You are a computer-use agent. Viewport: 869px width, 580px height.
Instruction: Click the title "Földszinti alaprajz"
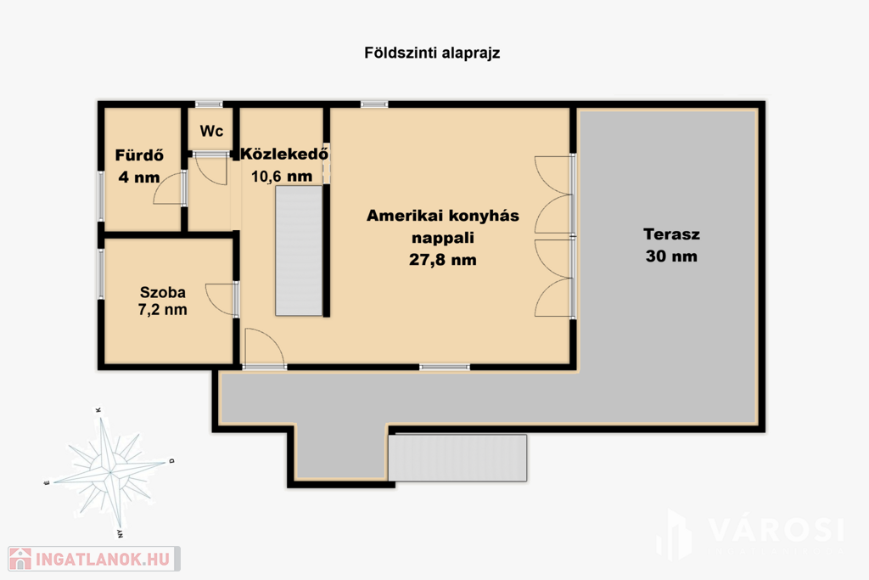(432, 53)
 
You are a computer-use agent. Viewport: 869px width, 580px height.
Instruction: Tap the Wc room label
(211, 131)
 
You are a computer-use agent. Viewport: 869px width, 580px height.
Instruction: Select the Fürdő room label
(139, 155)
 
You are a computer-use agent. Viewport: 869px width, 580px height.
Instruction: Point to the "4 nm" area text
(139, 177)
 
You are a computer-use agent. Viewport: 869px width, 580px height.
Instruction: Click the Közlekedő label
(284, 154)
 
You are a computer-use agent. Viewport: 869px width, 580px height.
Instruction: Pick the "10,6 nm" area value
(282, 177)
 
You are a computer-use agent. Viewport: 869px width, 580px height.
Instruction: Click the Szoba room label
(162, 292)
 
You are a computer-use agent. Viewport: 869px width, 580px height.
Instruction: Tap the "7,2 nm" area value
(162, 309)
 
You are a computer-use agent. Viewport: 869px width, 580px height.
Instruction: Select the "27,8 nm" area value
(443, 260)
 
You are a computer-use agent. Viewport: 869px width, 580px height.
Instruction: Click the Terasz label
(672, 234)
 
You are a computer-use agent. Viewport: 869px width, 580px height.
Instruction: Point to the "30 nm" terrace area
(672, 256)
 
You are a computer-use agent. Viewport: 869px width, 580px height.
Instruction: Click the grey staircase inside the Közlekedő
(300, 251)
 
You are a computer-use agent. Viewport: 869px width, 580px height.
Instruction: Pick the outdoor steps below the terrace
(457, 458)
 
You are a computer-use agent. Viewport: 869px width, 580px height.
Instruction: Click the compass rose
(109, 472)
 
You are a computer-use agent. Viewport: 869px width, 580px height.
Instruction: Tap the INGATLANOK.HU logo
(93, 559)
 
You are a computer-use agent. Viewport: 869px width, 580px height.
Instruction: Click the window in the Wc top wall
(209, 104)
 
